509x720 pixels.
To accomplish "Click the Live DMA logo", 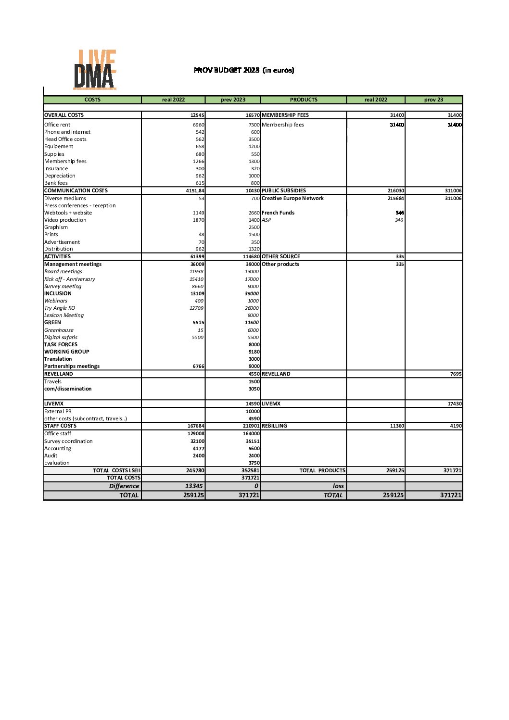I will (x=95, y=70).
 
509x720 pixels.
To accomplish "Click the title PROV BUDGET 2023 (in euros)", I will (x=244, y=70).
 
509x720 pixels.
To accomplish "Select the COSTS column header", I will (x=92, y=100).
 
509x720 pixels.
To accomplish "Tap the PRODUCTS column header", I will (x=304, y=100).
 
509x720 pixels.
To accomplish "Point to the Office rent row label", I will (x=57, y=125).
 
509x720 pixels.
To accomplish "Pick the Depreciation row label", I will (x=60, y=176).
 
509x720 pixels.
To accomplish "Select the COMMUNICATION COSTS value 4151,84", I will (x=195, y=191).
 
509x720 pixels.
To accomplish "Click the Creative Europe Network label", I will (x=293, y=199).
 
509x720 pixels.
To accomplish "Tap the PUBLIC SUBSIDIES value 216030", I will (x=396, y=191).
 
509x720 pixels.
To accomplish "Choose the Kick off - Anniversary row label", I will (x=70, y=279).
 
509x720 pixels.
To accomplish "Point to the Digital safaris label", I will (x=61, y=338).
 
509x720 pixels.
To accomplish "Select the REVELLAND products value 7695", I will (x=456, y=374).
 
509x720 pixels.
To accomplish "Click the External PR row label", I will (x=58, y=412).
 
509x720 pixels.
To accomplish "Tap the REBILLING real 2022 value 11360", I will (x=397, y=426).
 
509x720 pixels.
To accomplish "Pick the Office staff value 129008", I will (x=196, y=434).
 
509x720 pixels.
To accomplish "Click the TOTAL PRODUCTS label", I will (x=322, y=471).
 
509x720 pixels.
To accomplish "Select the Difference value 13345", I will (x=194, y=486).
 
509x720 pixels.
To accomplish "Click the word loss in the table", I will (x=338, y=486).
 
